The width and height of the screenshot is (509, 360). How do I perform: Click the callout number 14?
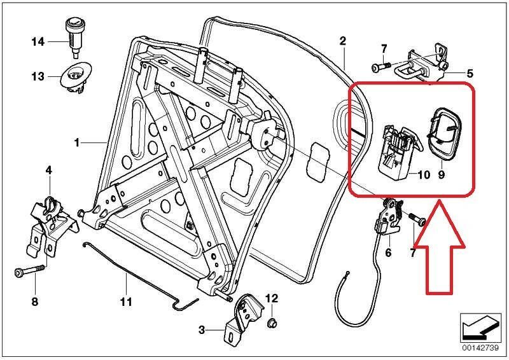click(38, 42)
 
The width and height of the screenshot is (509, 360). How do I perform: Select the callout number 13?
click(38, 76)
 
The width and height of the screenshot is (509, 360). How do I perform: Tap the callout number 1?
click(76, 142)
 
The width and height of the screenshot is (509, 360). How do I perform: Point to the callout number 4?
click(49, 170)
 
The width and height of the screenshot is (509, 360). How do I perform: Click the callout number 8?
click(35, 301)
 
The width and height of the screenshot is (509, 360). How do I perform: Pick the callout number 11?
click(126, 301)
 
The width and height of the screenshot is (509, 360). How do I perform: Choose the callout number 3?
click(202, 331)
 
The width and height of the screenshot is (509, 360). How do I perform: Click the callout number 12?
click(272, 298)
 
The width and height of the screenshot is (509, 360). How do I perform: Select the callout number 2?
click(343, 41)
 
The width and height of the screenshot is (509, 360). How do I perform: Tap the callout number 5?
click(470, 74)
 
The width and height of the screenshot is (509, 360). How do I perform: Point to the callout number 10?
click(424, 175)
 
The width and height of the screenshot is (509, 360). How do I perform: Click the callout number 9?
click(441, 175)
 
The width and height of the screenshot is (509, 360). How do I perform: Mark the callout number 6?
click(388, 253)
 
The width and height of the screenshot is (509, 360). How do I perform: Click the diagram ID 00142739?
click(480, 348)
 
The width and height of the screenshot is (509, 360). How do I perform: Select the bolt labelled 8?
click(29, 270)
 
